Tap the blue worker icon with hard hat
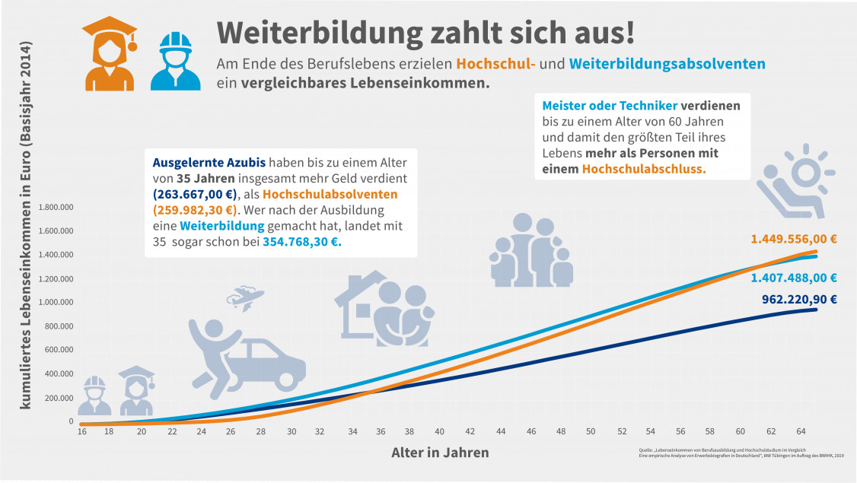point(175,61)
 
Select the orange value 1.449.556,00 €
point(794,239)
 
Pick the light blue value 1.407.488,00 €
point(799,278)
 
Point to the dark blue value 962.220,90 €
point(799,299)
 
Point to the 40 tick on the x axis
point(441,431)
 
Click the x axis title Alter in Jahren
point(440,452)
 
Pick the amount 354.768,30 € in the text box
point(302,243)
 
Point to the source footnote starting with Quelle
point(742,453)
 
